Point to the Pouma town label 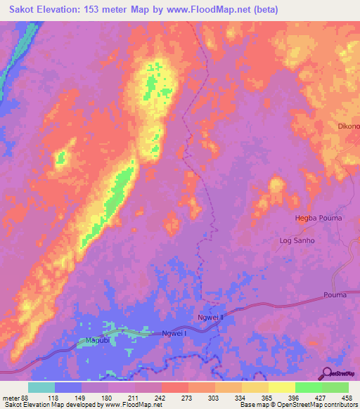(335, 294)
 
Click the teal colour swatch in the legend (41, 387)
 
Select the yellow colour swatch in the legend (282, 387)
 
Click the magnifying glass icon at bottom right (328, 374)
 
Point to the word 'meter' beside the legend (10, 397)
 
